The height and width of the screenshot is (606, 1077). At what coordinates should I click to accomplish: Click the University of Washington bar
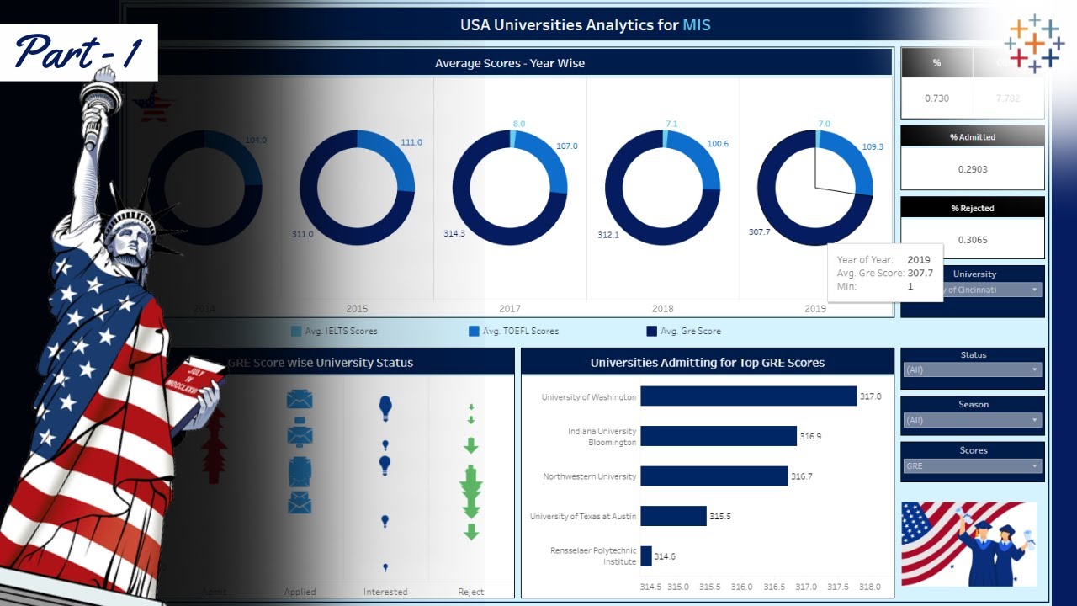[x=748, y=396]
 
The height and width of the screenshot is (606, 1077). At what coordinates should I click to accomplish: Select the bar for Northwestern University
[x=714, y=476]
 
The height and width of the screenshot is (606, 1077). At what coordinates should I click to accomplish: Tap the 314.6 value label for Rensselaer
[x=665, y=556]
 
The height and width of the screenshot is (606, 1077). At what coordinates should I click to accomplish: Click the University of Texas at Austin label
[x=582, y=516]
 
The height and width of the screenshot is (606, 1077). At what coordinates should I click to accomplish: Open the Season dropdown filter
[x=973, y=420]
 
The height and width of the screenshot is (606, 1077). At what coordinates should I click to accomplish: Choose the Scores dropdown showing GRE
[x=973, y=466]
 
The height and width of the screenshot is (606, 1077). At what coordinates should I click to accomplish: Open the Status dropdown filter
[x=973, y=369]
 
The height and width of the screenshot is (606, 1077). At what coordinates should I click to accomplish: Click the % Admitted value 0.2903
[x=973, y=169]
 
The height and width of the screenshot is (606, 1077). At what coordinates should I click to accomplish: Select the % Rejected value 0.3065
[x=973, y=240]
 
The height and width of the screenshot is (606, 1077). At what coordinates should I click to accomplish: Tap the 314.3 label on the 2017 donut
[x=454, y=233]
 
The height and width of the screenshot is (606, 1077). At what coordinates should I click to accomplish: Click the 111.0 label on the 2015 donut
[x=411, y=142]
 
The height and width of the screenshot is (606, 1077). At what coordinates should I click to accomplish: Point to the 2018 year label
[x=662, y=309]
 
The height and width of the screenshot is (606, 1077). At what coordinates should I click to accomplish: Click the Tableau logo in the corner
[x=1034, y=43]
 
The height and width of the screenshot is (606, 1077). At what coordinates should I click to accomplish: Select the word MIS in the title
[x=696, y=25]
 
